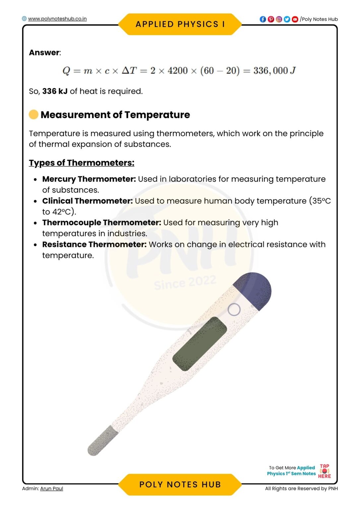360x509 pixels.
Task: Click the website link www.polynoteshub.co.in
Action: click(x=57, y=19)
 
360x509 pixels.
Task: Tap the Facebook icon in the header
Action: click(x=263, y=19)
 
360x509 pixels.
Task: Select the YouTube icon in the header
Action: click(x=295, y=19)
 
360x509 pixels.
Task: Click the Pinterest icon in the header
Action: click(x=271, y=19)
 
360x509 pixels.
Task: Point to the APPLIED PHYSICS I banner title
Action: click(x=180, y=24)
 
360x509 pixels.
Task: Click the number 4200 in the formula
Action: click(x=178, y=71)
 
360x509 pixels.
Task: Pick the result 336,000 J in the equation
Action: click(x=274, y=71)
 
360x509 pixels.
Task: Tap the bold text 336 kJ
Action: click(x=55, y=91)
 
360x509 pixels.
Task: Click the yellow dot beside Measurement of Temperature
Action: click(x=33, y=115)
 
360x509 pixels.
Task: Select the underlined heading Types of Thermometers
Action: click(x=82, y=163)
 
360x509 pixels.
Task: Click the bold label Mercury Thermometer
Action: click(x=89, y=179)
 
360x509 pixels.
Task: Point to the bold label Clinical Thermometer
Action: click(x=87, y=201)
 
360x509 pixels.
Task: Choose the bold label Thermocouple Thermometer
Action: click(x=101, y=223)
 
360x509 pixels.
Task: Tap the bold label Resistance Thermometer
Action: click(x=94, y=245)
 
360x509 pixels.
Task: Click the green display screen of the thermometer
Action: click(x=200, y=344)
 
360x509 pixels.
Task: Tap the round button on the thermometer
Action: click(x=234, y=310)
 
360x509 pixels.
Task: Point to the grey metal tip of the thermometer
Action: click(x=102, y=441)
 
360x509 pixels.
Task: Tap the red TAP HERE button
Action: click(x=324, y=471)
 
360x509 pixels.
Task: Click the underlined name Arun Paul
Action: click(x=51, y=488)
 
